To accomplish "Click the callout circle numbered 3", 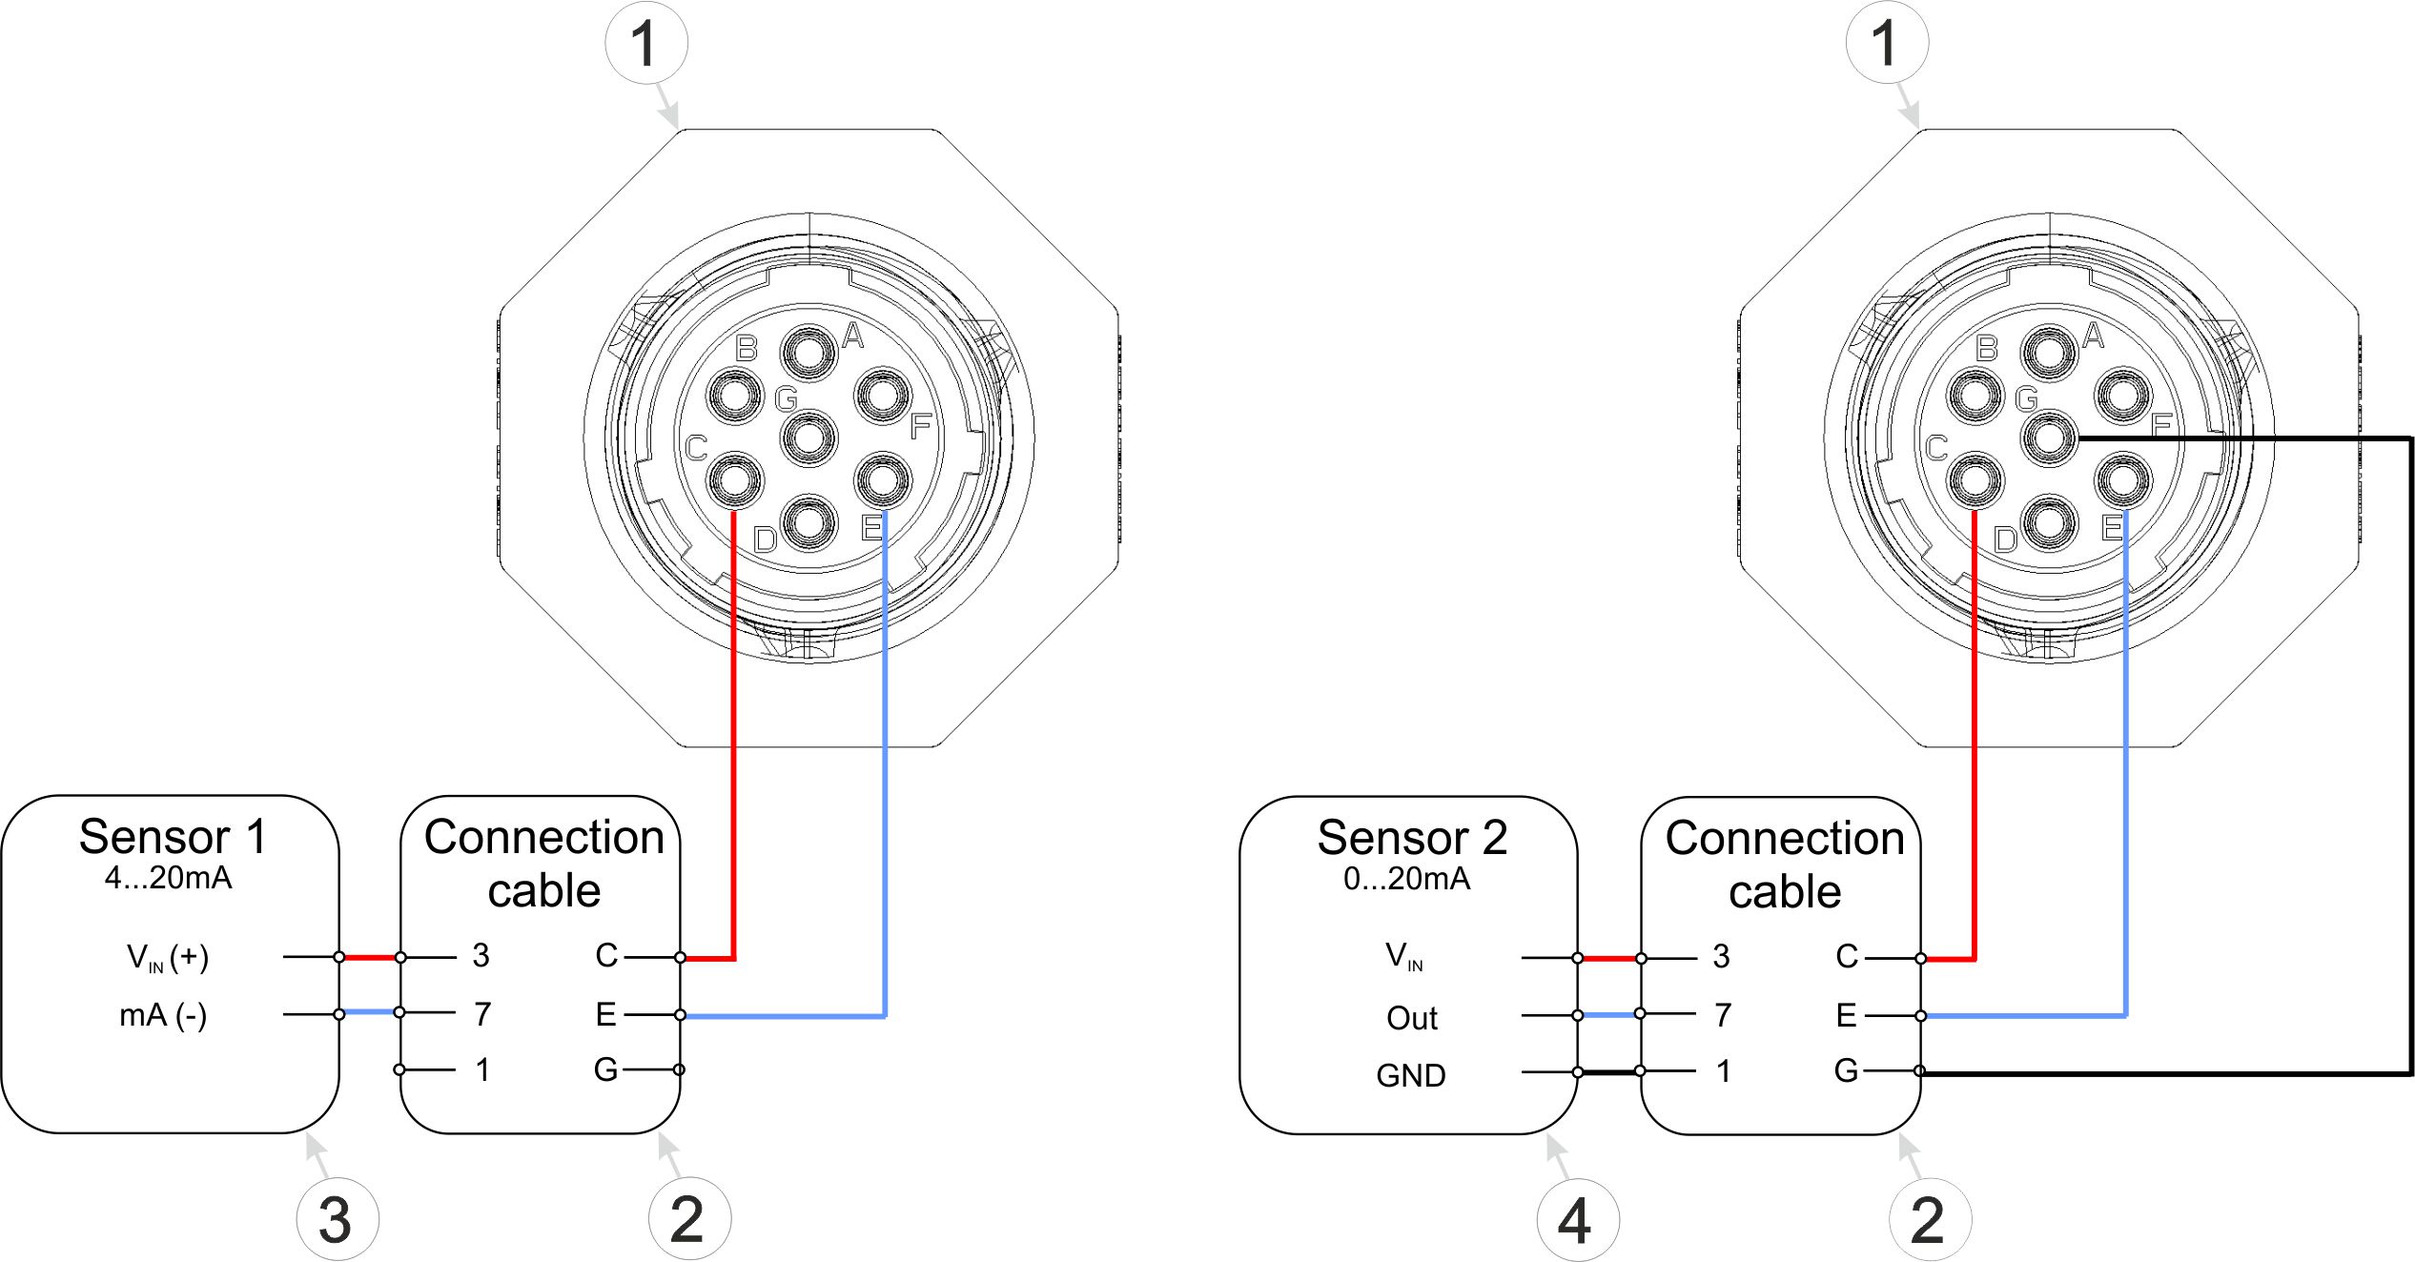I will point(337,1219).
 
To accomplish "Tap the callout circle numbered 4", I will point(1578,1219).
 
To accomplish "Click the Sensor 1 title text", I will point(172,837).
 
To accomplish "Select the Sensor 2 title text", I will point(1411,838).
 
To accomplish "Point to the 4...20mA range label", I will point(168,878).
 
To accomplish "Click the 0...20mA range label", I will point(1406,879).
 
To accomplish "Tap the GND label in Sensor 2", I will point(1410,1075).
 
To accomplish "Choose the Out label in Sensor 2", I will point(1411,1018).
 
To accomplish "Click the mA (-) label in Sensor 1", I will point(163,1015).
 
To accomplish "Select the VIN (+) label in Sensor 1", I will point(168,957).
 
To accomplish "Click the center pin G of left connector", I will point(808,438).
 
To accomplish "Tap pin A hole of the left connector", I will point(808,353).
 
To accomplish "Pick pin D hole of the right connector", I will point(2048,523).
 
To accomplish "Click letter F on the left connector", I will point(920,426).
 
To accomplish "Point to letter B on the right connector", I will point(1986,349).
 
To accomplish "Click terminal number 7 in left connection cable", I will point(482,1014).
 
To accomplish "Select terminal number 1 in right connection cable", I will point(1723,1071).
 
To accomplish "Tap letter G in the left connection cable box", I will point(605,1069).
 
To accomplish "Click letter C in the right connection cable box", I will point(1847,956).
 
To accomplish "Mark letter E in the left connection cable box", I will point(605,1014).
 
